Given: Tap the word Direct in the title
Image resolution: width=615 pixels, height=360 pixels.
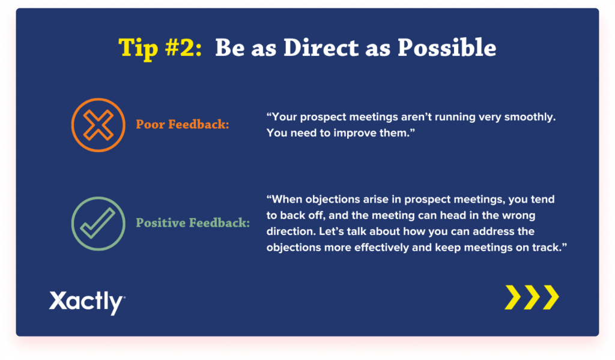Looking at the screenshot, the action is pyautogui.click(x=321, y=47).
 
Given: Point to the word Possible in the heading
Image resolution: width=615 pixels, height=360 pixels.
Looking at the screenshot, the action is pyautogui.click(x=447, y=47).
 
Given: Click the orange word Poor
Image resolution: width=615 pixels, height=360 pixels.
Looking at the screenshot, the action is pyautogui.click(x=150, y=124).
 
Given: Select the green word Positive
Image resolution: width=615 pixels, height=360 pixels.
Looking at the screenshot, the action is pyautogui.click(x=161, y=222).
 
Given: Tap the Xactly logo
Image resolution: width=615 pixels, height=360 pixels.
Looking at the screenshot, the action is pyautogui.click(x=87, y=302).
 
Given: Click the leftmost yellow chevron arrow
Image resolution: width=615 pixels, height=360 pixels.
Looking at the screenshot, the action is pyautogui.click(x=513, y=297).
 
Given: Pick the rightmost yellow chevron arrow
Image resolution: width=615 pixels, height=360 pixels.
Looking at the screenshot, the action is pyautogui.click(x=551, y=297).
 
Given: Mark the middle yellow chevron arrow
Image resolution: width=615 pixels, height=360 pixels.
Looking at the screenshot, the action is pyautogui.click(x=532, y=297).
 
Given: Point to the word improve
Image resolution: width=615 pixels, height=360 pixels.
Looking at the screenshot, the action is pyautogui.click(x=351, y=133).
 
